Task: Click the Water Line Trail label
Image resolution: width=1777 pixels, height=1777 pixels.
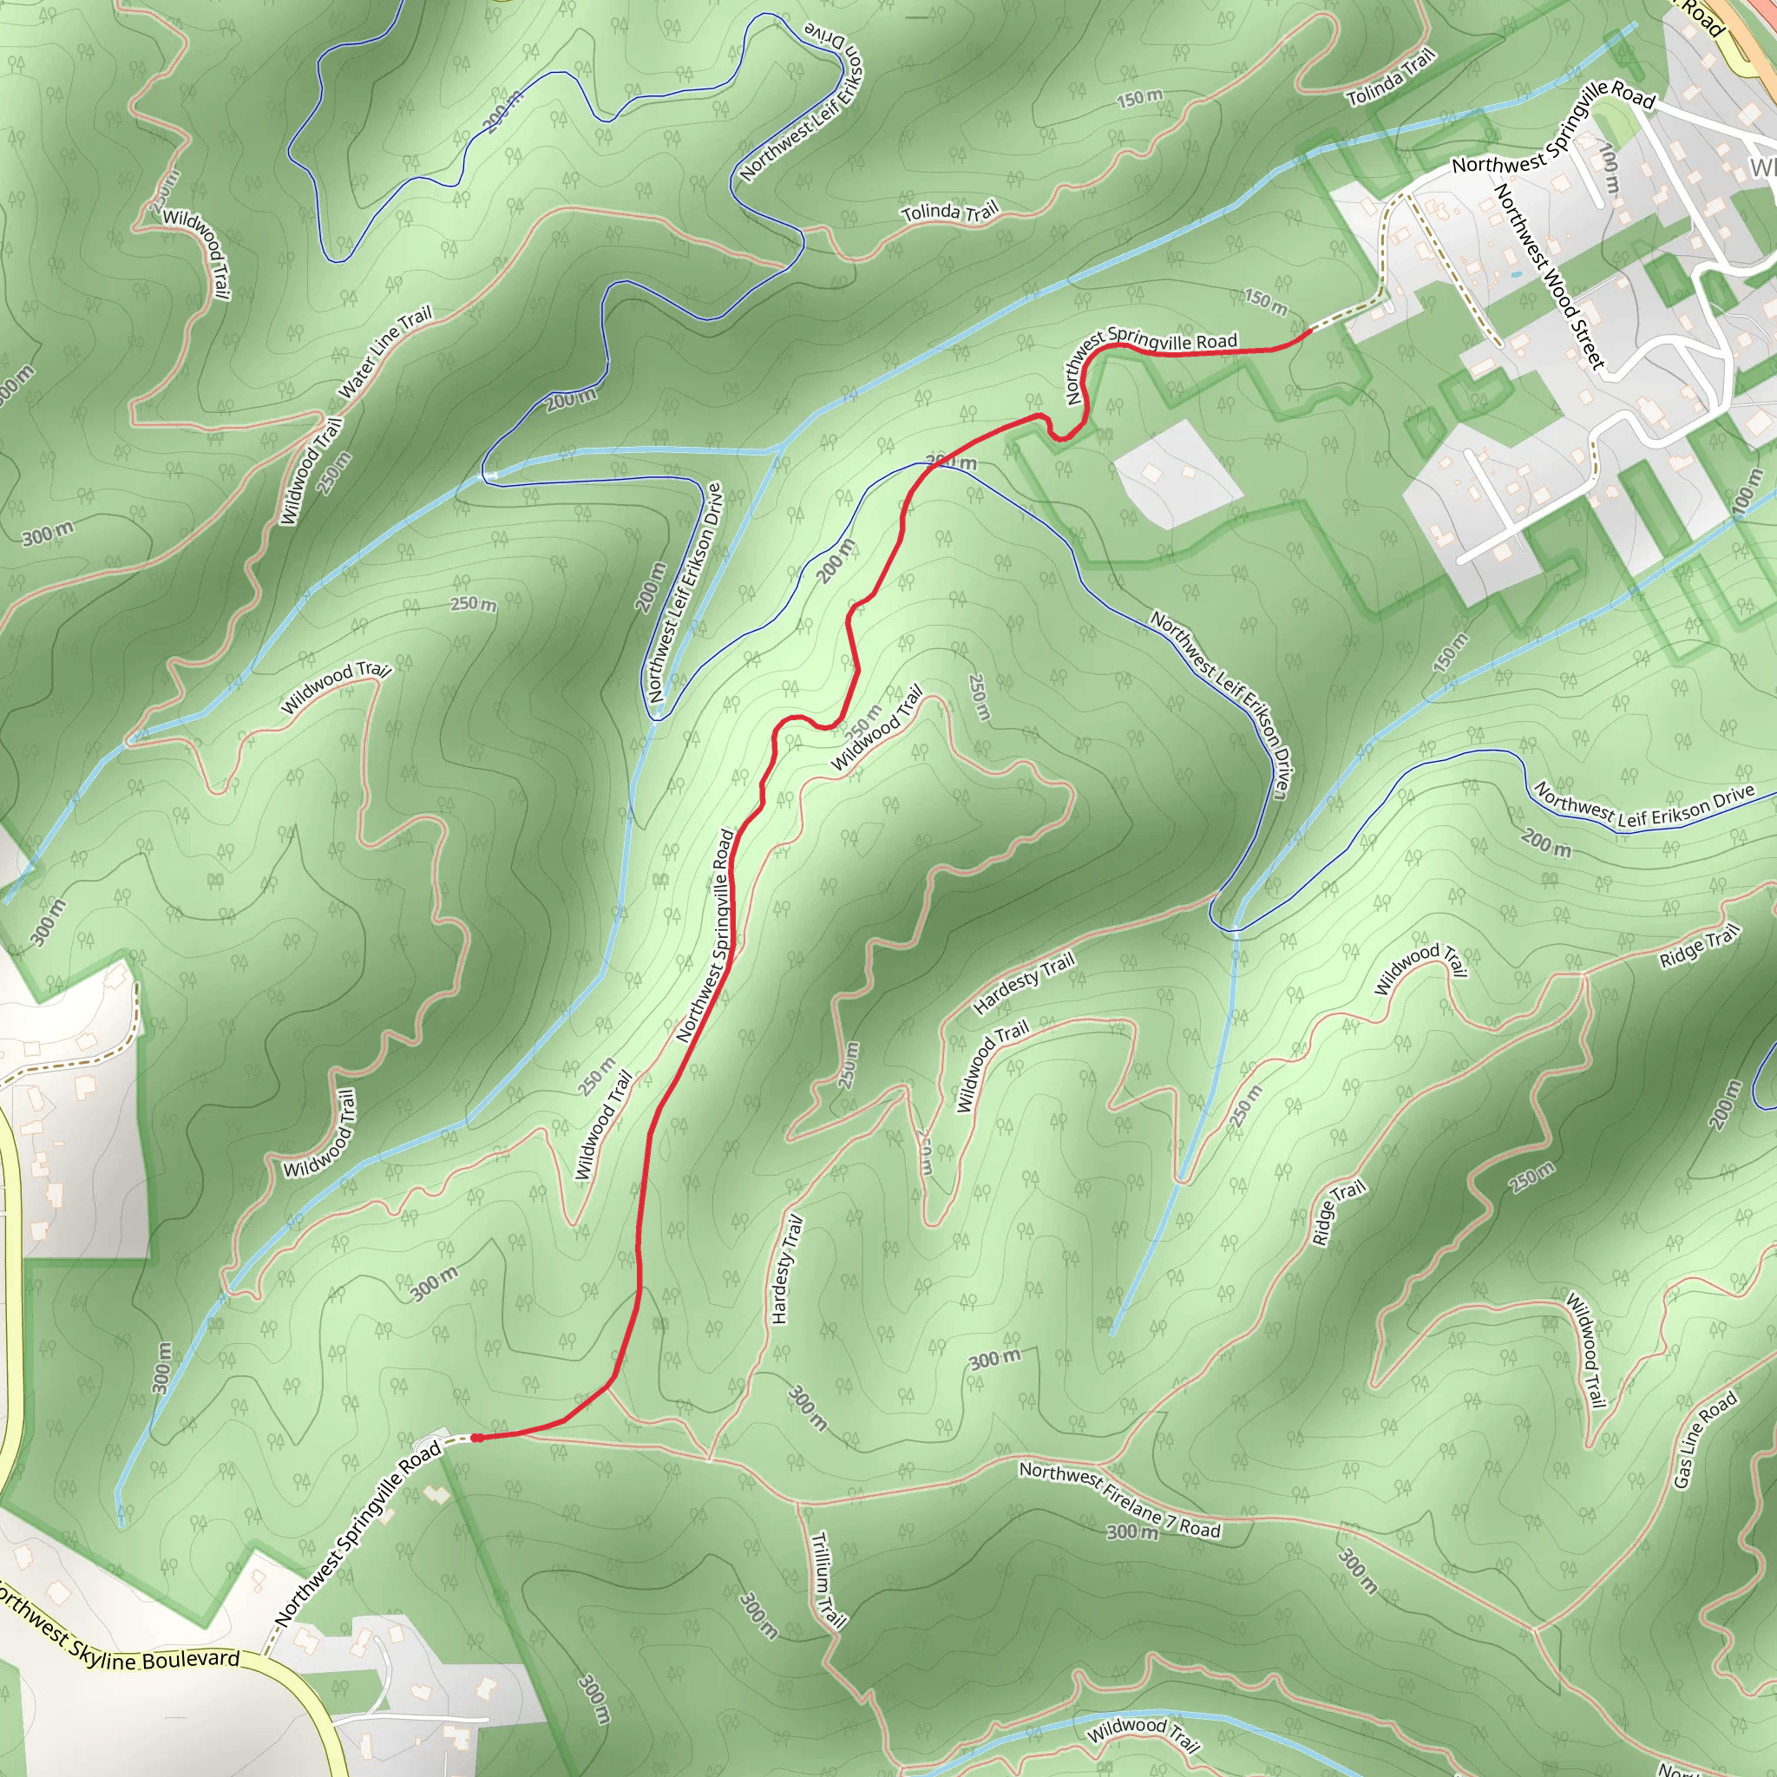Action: pyautogui.click(x=385, y=353)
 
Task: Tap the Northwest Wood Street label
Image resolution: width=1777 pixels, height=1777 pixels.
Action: pyautogui.click(x=1549, y=277)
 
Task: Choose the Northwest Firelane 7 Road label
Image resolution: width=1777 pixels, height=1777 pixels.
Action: pyautogui.click(x=1118, y=1499)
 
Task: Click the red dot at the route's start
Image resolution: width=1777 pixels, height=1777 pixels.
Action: pyautogui.click(x=477, y=1438)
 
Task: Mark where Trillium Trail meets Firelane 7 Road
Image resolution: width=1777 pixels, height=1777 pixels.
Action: pyautogui.click(x=797, y=1502)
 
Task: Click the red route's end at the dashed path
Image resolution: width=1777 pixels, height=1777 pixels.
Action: pyautogui.click(x=1308, y=331)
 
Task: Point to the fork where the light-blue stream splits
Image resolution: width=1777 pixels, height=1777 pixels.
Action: pyautogui.click(x=778, y=449)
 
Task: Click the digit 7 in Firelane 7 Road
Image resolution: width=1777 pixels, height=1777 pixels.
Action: pyautogui.click(x=1170, y=1518)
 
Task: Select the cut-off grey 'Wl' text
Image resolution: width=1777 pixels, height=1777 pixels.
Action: pyautogui.click(x=1762, y=167)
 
